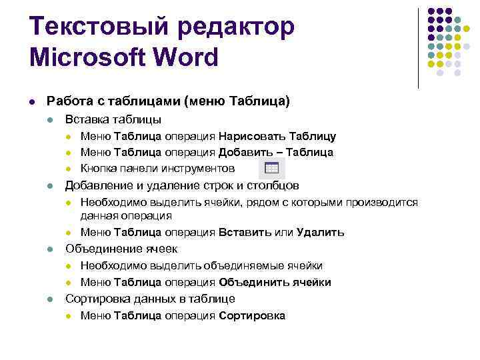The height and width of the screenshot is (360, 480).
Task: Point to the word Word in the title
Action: coord(190,57)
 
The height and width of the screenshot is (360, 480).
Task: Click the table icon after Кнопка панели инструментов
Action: coord(271,167)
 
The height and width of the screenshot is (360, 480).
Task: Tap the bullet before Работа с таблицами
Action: coord(32,101)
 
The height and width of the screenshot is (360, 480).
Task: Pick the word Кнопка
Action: coord(97,168)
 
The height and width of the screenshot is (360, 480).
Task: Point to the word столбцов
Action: coord(273,185)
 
